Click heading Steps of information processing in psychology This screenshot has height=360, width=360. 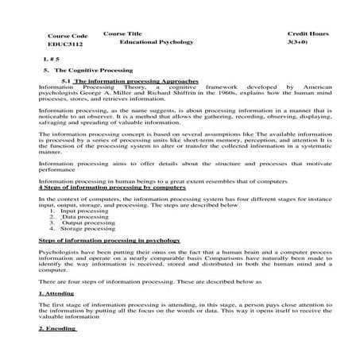(x=110, y=240)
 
